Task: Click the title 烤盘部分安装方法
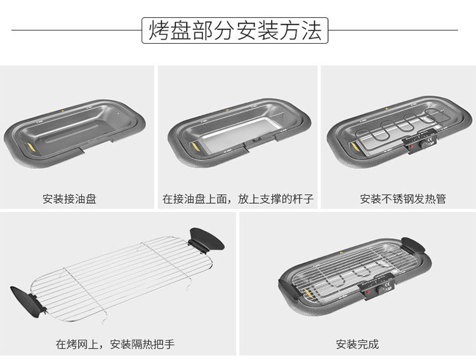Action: (x=235, y=30)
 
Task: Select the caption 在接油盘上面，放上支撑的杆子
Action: (x=238, y=199)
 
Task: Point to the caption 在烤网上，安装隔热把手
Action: (x=115, y=345)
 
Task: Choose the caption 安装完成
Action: (x=357, y=345)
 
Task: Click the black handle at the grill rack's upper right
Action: (x=207, y=239)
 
